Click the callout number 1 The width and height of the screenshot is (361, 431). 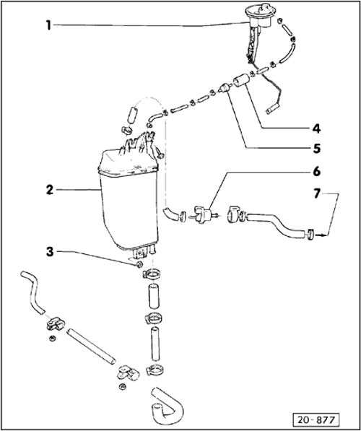(x=48, y=25)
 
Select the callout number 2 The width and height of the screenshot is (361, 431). (x=50, y=190)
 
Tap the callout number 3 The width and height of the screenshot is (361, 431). (x=50, y=251)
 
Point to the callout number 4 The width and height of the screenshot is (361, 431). (x=316, y=129)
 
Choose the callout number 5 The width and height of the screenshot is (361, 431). (x=317, y=149)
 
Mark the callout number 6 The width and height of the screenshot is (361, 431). (x=317, y=172)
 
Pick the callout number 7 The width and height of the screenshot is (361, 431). (x=317, y=193)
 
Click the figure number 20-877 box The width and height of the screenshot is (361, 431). (x=316, y=420)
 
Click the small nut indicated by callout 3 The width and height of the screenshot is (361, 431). (x=139, y=265)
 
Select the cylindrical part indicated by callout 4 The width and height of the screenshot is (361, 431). (x=241, y=79)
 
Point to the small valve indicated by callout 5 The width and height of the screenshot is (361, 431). (x=225, y=88)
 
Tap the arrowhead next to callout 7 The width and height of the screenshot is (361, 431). (x=326, y=235)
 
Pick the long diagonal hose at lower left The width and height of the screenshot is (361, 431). (x=91, y=347)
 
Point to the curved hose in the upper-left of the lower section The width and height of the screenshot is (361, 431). (x=33, y=292)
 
